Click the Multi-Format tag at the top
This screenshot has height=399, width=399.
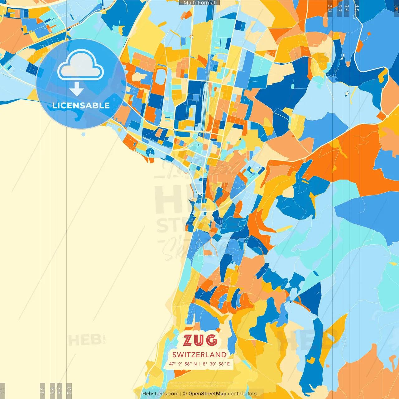pyautogui.click(x=199, y=3)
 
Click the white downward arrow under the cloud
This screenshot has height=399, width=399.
pyautogui.click(x=77, y=90)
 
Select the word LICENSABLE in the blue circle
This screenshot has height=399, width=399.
pyautogui.click(x=81, y=105)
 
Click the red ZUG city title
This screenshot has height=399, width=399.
pyautogui.click(x=200, y=340)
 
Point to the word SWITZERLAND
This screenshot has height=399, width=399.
pyautogui.click(x=199, y=355)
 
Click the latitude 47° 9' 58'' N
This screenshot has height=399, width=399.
pyautogui.click(x=183, y=364)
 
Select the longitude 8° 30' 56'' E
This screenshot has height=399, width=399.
pyautogui.click(x=216, y=364)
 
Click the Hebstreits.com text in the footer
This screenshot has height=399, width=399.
pyautogui.click(x=160, y=394)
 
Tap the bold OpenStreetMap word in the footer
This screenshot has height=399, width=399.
pyautogui.click(x=207, y=394)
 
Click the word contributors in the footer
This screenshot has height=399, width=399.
pyautogui.click(x=242, y=394)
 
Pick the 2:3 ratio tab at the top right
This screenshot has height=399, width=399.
pyautogui.click(x=330, y=8)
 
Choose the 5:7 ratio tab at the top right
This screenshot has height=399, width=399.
pyautogui.click(x=339, y=8)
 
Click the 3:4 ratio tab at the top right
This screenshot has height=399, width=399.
pyautogui.click(x=347, y=8)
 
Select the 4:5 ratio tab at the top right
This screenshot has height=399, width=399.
pyautogui.click(x=357, y=8)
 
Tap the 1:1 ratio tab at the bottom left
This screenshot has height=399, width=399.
pyautogui.click(x=2, y=391)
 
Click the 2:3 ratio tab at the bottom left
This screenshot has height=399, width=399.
pyautogui.click(x=69, y=390)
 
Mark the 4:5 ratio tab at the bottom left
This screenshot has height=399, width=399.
pyautogui.click(x=42, y=390)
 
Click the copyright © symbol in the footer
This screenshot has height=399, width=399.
pyautogui.click(x=185, y=394)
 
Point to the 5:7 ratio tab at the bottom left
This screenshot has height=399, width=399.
pyautogui.click(x=60, y=390)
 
